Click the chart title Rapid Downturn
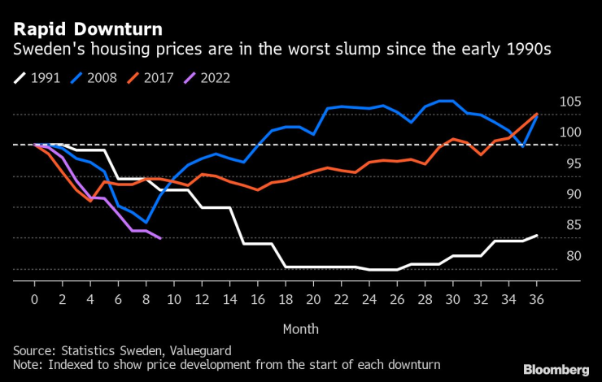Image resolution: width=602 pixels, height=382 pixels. (x=86, y=29)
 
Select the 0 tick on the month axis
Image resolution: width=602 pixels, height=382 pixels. (x=34, y=299)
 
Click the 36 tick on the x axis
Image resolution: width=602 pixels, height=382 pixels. (x=537, y=299)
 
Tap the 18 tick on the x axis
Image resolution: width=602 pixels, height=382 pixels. (x=286, y=299)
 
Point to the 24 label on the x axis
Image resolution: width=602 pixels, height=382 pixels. (x=369, y=299)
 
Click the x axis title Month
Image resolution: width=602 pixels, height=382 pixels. (x=300, y=328)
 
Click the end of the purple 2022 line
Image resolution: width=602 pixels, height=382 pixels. (x=160, y=238)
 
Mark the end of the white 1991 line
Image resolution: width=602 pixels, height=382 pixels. (x=537, y=236)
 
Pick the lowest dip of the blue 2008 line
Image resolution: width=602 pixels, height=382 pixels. (x=146, y=222)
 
